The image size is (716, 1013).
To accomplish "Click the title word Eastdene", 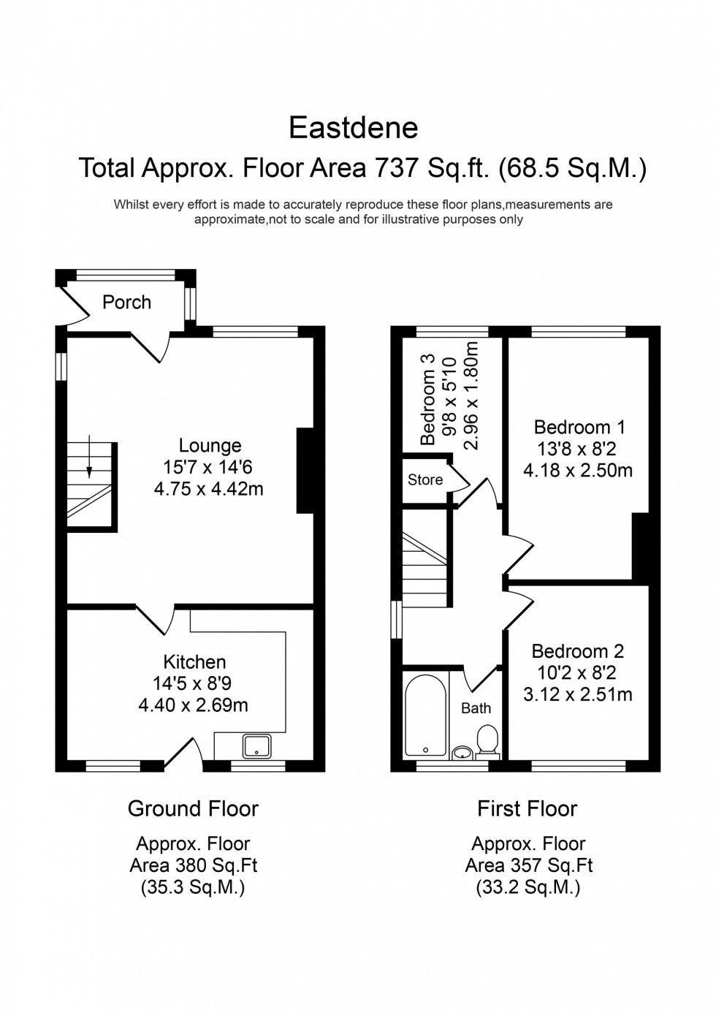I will point(354,128).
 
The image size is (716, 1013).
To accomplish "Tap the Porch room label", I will point(126,302).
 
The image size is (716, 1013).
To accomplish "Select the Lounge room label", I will point(210,445).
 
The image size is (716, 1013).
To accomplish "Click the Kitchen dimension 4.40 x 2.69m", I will point(194,705).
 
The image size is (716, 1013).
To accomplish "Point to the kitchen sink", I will point(257,745).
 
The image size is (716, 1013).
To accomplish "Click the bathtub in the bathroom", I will point(425,716).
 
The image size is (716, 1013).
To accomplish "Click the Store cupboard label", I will point(425,479).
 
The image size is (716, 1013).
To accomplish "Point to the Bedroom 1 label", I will point(579,427).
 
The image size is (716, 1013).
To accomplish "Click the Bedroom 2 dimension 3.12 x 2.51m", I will point(577,694).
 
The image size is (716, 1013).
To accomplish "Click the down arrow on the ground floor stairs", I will point(88,458).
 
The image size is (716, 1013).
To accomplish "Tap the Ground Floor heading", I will point(193,808).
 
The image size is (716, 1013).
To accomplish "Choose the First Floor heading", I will point(527,808).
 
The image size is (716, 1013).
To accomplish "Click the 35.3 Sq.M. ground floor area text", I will point(193,887).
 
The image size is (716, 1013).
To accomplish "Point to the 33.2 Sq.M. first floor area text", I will point(528,887).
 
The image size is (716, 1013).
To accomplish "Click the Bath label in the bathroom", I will point(476,707).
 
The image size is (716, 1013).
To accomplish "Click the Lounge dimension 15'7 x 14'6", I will point(209,467).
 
